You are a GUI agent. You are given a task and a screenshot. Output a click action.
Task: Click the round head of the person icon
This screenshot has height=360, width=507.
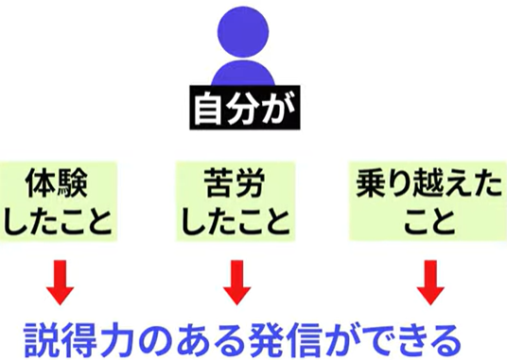(x=243, y=32)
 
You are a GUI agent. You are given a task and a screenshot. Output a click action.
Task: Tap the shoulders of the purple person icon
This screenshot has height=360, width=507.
(x=243, y=74)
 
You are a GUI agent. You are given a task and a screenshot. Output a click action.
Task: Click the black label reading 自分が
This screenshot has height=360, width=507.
(x=245, y=108)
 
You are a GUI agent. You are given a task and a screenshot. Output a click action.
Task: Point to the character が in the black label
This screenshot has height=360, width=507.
(x=278, y=108)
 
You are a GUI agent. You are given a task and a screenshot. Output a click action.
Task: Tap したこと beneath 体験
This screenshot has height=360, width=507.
(x=59, y=221)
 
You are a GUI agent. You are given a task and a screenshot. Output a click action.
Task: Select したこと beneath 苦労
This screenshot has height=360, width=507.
(x=236, y=221)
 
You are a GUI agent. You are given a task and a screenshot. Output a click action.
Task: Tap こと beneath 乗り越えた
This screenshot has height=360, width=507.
(x=429, y=221)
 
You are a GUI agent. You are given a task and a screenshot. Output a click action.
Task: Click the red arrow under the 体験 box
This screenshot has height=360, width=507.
(x=61, y=283)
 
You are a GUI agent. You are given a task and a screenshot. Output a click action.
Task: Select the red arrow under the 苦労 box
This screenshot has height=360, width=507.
(x=237, y=283)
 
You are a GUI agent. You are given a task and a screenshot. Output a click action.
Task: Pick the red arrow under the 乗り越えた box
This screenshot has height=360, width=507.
(x=430, y=283)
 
